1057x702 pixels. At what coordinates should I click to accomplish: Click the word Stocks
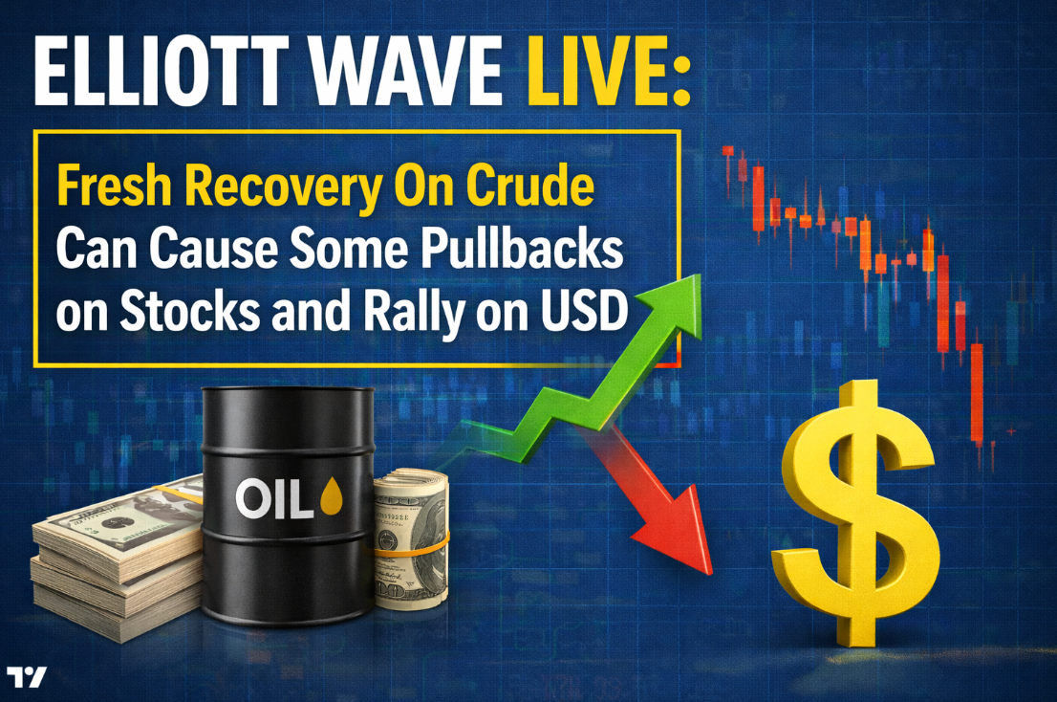click(189, 311)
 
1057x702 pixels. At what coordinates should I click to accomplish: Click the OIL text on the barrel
click(274, 499)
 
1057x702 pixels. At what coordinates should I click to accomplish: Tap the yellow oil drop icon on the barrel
click(331, 496)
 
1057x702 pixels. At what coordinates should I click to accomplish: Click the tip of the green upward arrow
click(696, 276)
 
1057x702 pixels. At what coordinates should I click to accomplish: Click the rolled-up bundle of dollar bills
click(411, 538)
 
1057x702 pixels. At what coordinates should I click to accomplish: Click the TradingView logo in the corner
click(27, 676)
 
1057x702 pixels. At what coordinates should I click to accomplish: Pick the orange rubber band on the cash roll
click(412, 546)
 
